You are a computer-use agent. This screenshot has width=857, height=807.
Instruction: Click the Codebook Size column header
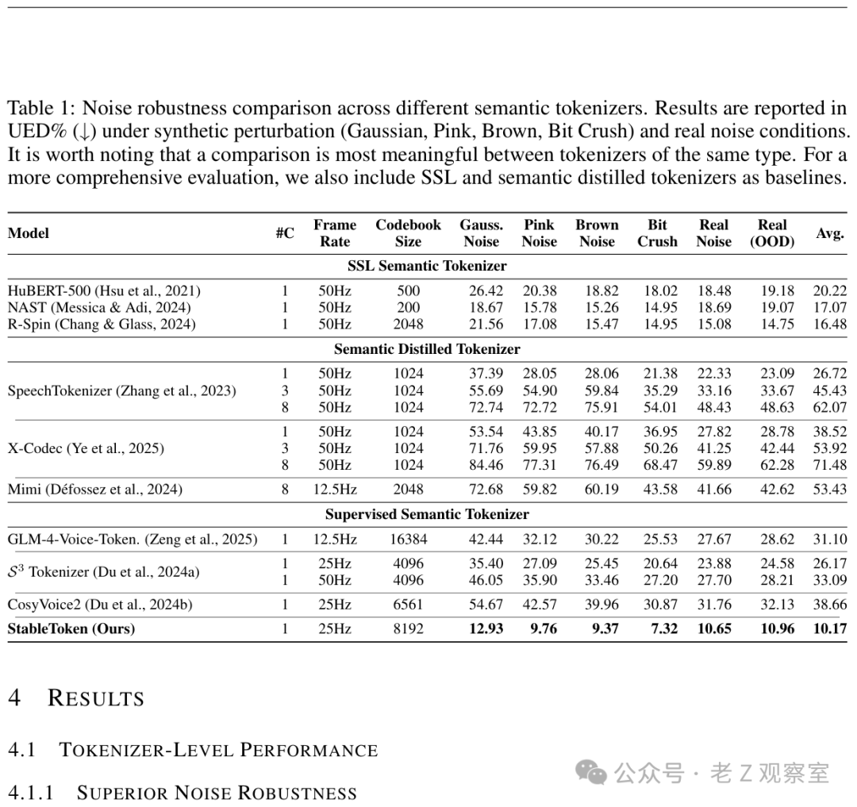408,233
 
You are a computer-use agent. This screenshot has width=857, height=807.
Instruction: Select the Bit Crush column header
657,233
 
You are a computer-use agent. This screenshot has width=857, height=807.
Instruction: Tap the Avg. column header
829,233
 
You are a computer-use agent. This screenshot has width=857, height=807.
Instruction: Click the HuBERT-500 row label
104,290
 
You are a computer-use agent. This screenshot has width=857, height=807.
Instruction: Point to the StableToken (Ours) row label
71,629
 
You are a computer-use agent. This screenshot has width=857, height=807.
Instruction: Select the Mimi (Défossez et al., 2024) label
94,489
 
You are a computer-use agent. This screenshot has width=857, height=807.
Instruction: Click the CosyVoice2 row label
100,605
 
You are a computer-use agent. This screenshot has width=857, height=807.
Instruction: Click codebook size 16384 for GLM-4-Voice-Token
408,539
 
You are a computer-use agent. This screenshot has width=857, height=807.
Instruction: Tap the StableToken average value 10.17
830,629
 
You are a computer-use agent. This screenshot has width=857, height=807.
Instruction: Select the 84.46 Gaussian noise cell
486,465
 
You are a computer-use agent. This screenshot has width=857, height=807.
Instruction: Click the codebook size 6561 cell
408,605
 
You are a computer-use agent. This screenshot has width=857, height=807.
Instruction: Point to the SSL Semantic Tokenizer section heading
427,266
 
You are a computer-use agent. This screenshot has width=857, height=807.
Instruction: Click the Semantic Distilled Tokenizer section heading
427,348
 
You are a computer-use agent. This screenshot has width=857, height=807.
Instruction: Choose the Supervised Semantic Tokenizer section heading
427,514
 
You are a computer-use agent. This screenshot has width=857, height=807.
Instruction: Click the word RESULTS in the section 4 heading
96,698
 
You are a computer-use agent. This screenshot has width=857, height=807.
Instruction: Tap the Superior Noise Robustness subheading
216,792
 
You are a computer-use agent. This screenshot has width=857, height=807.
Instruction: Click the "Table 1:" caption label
41,108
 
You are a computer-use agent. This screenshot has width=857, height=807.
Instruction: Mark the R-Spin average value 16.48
830,324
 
